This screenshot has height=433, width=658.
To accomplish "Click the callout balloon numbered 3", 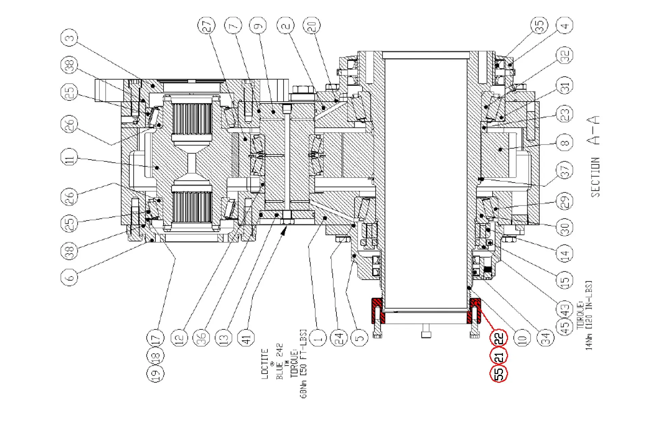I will tap(69, 38).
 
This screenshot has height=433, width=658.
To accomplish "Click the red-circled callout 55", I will tap(499, 373).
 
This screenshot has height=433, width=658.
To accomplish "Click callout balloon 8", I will tap(565, 143).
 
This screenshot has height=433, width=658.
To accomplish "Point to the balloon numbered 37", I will tap(565, 170).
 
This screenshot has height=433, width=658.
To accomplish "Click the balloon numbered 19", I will tap(155, 373).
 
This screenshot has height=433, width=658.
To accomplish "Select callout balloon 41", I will tap(246, 338).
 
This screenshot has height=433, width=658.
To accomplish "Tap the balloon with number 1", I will tap(318, 338).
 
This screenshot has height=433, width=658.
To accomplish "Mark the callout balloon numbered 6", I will tap(69, 278).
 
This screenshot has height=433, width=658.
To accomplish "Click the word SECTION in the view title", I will tap(595, 177).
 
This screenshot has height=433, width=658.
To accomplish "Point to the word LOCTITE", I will tap(265, 364).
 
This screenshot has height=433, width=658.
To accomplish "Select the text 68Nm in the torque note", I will tap(304, 389).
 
